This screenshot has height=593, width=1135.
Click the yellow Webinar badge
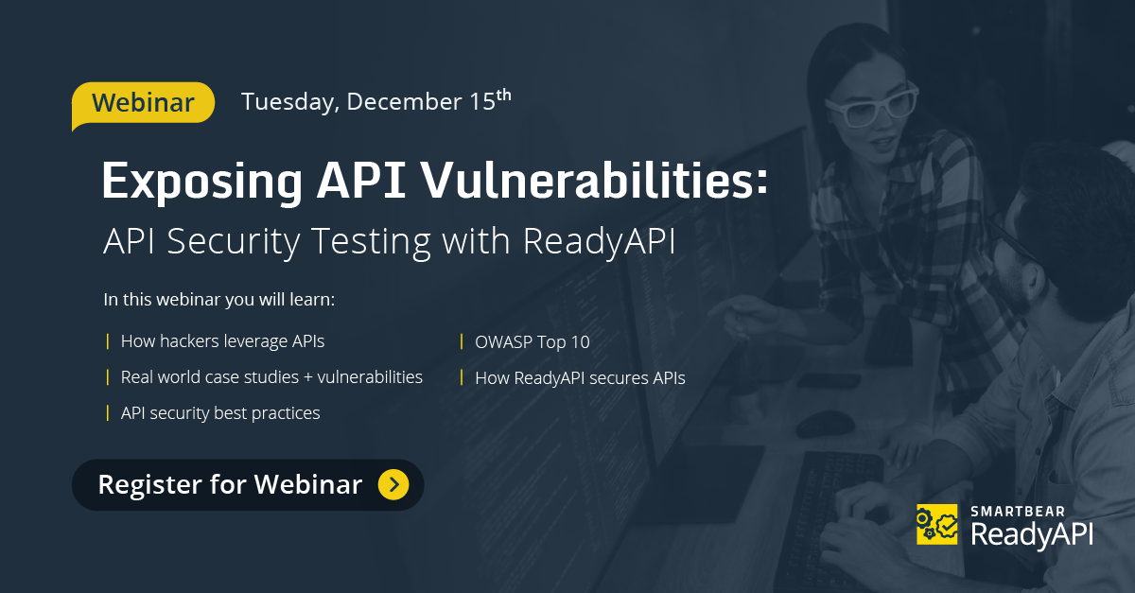[x=144, y=102]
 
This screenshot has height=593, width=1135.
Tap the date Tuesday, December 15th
[x=375, y=101]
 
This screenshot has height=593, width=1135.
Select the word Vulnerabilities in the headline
[x=596, y=181]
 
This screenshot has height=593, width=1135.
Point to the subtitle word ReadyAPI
[x=600, y=240]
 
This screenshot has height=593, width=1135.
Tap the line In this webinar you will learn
[x=219, y=301]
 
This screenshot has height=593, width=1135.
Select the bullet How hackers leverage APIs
[x=222, y=341]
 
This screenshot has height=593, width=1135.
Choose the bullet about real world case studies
[x=271, y=377]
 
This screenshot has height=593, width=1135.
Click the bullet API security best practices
[x=220, y=413]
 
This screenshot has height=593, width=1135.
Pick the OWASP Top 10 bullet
[x=532, y=341]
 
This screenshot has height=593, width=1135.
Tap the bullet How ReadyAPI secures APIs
[x=580, y=378]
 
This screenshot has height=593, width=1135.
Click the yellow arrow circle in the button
[x=393, y=485]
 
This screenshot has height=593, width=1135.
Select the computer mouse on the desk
[x=825, y=423]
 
